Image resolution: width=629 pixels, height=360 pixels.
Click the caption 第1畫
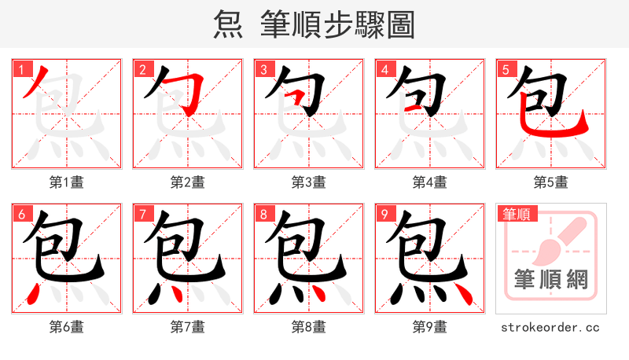pyautogui.click(x=67, y=182)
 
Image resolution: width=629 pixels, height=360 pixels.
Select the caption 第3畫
pyautogui.click(x=309, y=182)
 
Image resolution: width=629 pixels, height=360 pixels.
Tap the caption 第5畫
pyautogui.click(x=551, y=182)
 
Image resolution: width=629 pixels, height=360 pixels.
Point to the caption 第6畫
pyautogui.click(x=67, y=326)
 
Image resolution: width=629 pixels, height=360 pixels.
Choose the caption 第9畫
pyautogui.click(x=430, y=326)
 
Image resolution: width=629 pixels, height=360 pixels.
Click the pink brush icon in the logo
pyautogui.click(x=554, y=244)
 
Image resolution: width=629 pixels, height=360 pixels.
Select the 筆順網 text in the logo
pyautogui.click(x=551, y=280)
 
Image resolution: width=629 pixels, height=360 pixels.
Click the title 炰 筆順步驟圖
pyautogui.click(x=314, y=25)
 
